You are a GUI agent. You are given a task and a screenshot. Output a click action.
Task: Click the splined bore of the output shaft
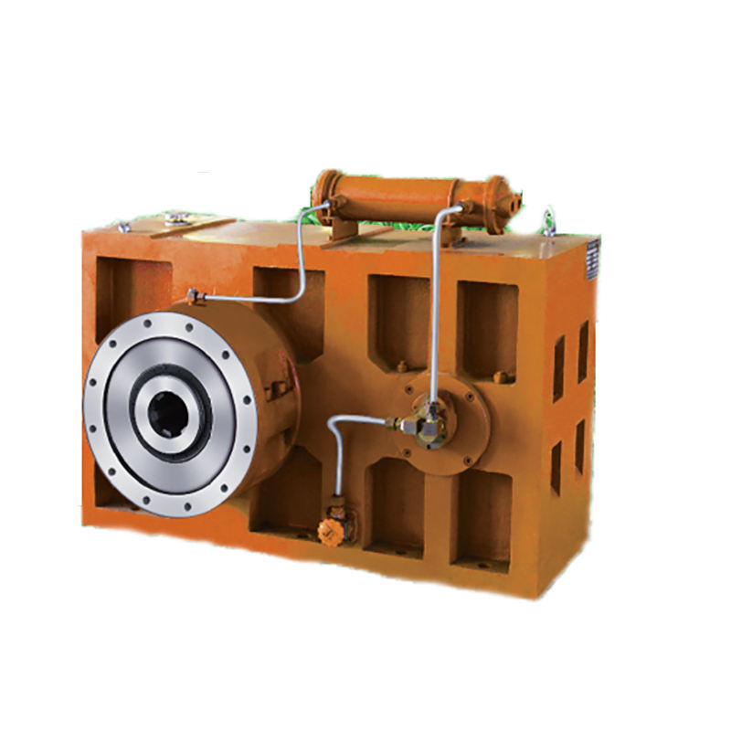pyautogui.click(x=170, y=416)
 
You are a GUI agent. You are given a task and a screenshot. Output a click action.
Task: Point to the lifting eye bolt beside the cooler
pyautogui.click(x=550, y=221)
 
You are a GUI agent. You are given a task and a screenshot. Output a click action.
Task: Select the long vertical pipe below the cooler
pyautogui.click(x=436, y=311)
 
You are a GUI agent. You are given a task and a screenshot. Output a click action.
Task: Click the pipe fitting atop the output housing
pyautogui.click(x=193, y=294)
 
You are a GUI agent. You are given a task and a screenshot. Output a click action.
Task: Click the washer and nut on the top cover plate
pyautogui.click(x=176, y=217)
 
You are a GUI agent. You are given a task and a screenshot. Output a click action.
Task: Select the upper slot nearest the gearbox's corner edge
pyautogui.click(x=582, y=351)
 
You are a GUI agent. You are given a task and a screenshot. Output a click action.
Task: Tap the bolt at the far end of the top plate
pyautogui.click(x=123, y=226)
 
